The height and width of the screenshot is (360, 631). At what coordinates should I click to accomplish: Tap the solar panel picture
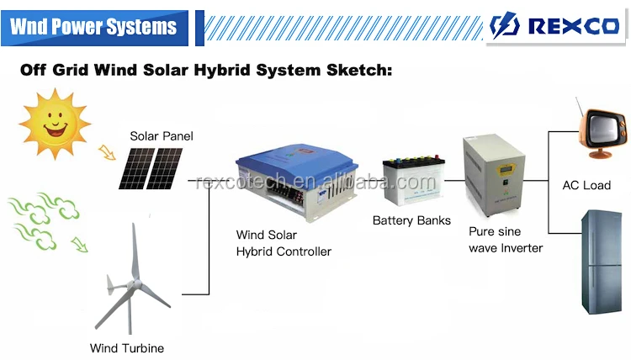150,168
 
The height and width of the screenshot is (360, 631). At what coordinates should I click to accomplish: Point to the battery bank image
411,181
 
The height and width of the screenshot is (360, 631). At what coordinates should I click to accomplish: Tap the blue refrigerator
601,261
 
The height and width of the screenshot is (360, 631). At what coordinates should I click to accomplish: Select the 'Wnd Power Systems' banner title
93,27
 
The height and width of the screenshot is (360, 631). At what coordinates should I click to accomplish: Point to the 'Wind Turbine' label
127,347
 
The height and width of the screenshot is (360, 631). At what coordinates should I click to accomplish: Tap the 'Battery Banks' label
411,220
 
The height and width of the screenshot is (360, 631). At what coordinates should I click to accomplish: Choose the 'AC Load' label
586,184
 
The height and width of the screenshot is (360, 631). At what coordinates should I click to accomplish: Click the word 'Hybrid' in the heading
229,70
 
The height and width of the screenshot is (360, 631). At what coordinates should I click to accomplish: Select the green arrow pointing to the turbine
80,245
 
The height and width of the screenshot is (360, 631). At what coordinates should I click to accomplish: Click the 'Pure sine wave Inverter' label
504,239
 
